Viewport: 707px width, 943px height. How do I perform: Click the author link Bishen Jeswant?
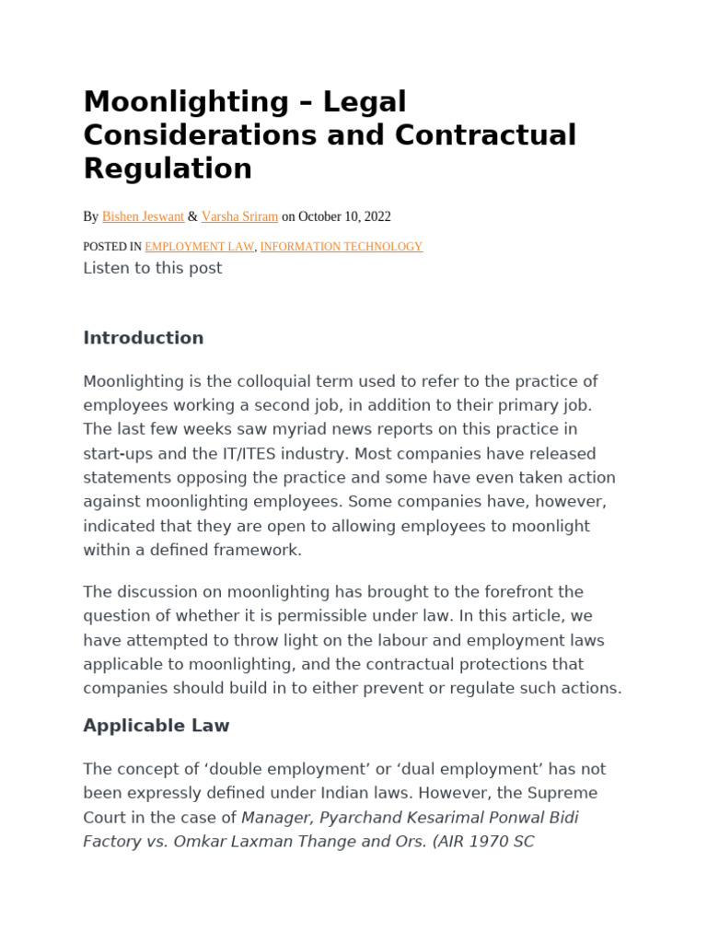[143, 216]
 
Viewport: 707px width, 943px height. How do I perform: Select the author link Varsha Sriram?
[239, 216]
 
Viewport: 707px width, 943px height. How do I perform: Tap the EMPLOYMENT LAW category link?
[199, 247]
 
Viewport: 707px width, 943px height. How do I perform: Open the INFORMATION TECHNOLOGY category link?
[342, 247]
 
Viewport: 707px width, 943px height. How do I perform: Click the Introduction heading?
[143, 338]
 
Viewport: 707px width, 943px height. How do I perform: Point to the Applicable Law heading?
[156, 726]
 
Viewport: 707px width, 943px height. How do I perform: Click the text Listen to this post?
[152, 268]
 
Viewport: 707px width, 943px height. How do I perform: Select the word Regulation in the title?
[168, 169]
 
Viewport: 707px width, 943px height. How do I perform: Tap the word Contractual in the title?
[486, 134]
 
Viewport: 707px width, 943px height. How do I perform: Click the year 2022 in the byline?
[377, 216]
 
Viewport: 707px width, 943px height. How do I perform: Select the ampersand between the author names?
[192, 216]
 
